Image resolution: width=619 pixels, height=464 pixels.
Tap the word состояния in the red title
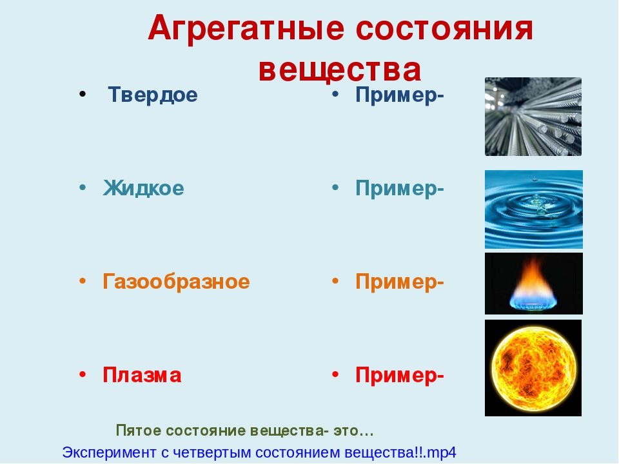(x=444, y=29)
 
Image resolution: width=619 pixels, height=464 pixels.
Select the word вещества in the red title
(x=340, y=70)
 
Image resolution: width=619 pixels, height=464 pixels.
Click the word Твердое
(x=152, y=95)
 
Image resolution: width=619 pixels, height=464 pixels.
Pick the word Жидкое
(x=143, y=188)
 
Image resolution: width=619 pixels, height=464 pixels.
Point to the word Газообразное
(x=176, y=282)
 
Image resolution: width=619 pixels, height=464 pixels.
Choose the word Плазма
(x=142, y=375)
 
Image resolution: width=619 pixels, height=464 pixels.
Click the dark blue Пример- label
(x=400, y=95)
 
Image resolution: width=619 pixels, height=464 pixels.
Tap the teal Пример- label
(x=400, y=189)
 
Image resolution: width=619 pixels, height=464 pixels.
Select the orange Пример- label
(x=400, y=282)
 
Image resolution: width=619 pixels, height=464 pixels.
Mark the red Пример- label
(x=400, y=376)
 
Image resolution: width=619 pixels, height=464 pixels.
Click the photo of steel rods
(x=533, y=117)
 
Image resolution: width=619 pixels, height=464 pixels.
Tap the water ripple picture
(x=534, y=209)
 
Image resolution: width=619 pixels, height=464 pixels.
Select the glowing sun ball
(x=533, y=369)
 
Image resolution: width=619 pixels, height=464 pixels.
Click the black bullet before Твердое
(x=83, y=95)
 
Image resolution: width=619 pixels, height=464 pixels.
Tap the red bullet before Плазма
(x=83, y=374)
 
